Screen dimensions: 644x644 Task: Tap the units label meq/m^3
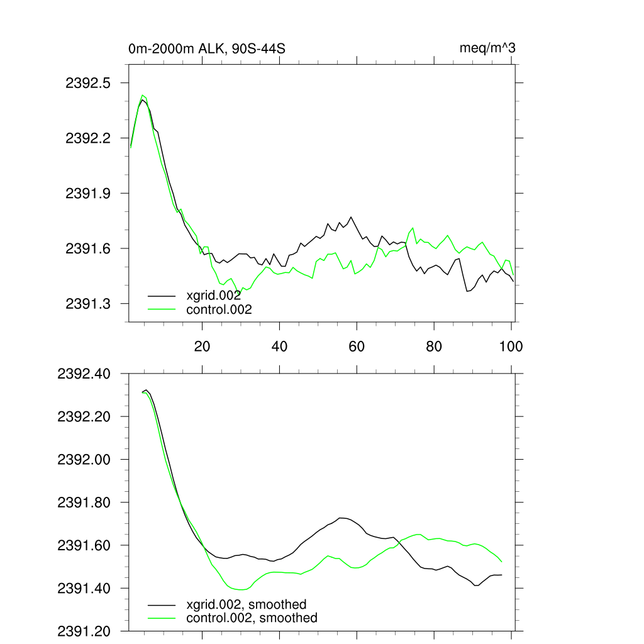[x=488, y=48]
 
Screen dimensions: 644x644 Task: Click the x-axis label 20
[x=202, y=346]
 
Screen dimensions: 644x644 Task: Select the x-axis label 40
[x=279, y=346]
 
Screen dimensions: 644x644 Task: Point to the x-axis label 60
[x=357, y=346]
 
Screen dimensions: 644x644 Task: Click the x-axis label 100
[x=511, y=346]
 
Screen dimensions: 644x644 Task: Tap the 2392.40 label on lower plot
[x=84, y=374]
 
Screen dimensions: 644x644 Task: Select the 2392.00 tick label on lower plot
[x=84, y=460]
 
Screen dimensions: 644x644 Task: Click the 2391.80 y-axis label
[x=84, y=502]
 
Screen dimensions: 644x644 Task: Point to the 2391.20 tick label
[x=84, y=631]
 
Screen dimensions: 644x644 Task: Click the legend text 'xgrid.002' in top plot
[x=214, y=295]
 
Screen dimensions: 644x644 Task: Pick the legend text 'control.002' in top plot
[x=219, y=309]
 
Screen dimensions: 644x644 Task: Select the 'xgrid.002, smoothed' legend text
[x=247, y=605]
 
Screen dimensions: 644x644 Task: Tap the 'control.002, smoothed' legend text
[x=252, y=618]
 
